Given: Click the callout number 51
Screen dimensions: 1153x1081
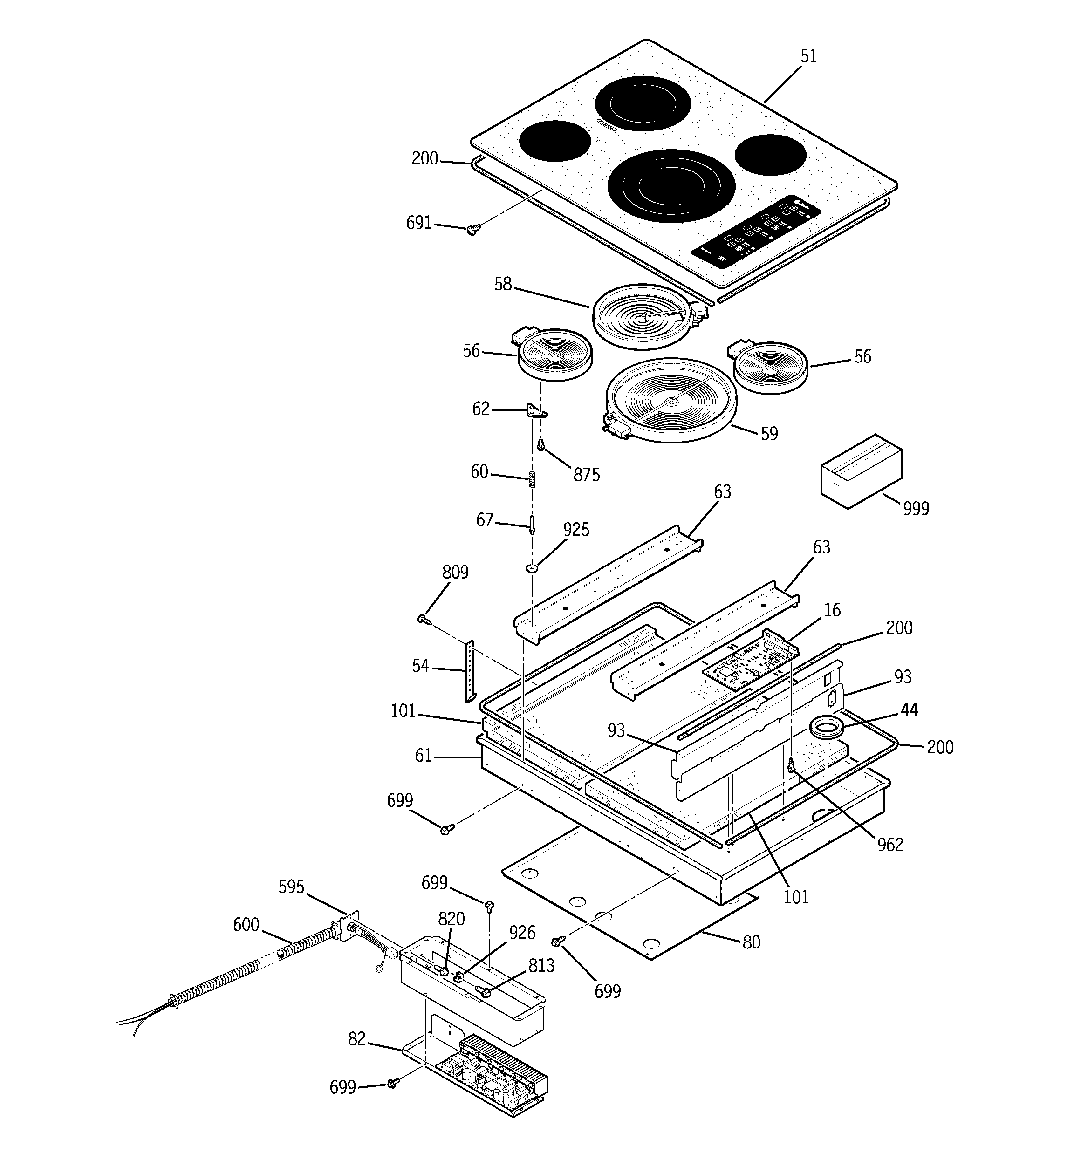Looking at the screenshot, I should (808, 56).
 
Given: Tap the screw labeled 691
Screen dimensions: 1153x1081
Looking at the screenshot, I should (472, 230).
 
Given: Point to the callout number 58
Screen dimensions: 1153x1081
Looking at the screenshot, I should (503, 284).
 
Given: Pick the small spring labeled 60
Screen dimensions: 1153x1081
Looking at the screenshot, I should (532, 480).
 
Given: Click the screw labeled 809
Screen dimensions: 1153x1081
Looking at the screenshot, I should (423, 620).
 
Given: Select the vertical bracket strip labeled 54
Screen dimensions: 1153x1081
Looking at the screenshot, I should (469, 672).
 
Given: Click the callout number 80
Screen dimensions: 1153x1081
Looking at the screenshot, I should (751, 942).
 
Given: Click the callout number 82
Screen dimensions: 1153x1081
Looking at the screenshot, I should (357, 1039).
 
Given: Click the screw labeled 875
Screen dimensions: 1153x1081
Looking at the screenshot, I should (541, 445).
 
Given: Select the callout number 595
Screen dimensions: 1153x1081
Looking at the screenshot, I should (291, 887).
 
